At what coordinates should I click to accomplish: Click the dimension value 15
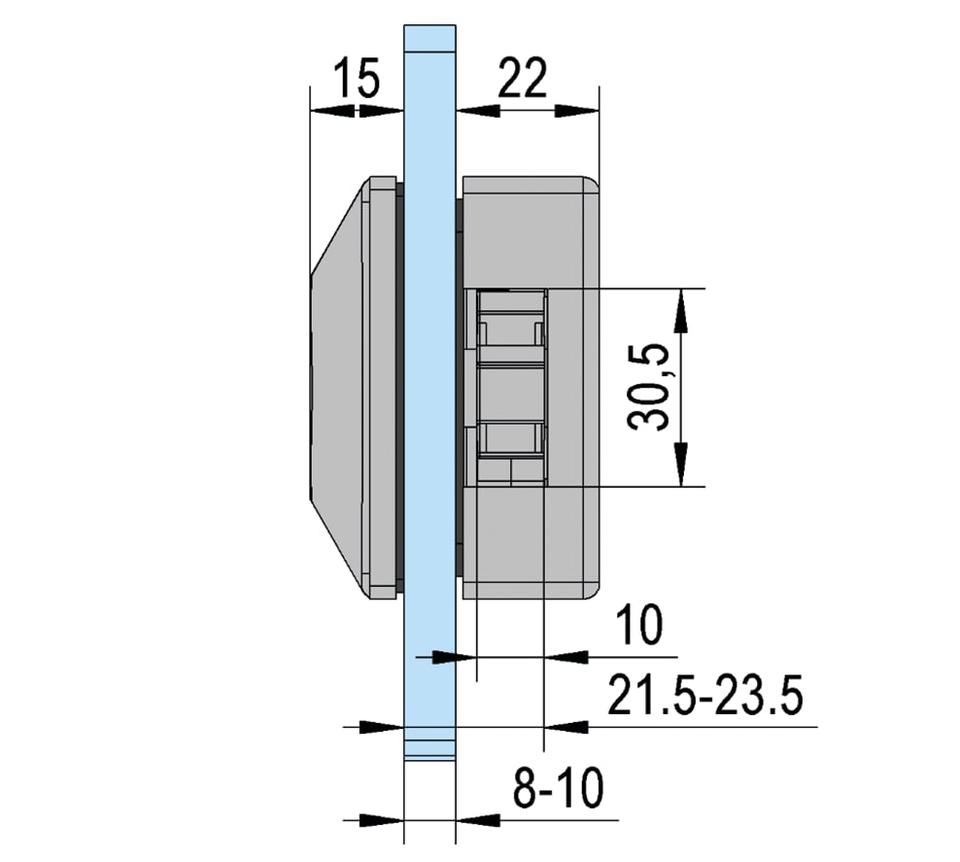click(x=357, y=78)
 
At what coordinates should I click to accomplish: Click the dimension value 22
click(x=522, y=78)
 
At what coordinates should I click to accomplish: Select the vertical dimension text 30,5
click(x=648, y=387)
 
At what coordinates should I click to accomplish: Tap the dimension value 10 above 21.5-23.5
click(x=639, y=625)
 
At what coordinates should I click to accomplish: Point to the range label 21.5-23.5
click(x=704, y=695)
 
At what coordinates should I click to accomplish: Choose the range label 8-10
click(x=559, y=787)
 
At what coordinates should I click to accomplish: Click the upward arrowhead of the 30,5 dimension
click(x=681, y=311)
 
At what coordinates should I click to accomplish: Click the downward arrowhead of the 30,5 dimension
click(x=681, y=465)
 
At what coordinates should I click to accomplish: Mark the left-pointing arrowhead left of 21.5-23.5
click(x=566, y=727)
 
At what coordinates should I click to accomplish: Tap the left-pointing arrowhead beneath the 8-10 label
click(x=478, y=820)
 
